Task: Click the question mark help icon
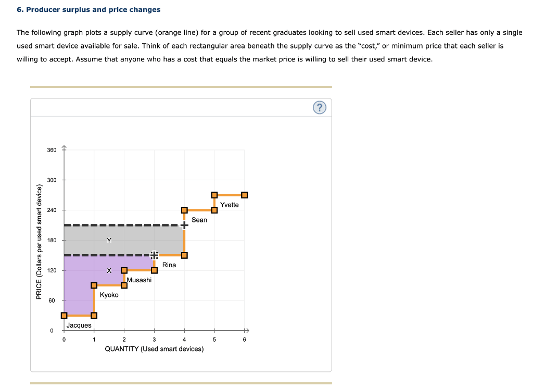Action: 321,108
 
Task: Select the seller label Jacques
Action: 79,326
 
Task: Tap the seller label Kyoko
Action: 109,295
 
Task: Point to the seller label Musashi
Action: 139,280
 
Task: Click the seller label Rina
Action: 169,265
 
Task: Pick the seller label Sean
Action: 199,220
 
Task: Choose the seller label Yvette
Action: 230,205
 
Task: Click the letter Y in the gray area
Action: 109,240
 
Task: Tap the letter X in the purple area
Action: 109,270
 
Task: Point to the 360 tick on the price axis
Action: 52,150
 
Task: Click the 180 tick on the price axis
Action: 52,240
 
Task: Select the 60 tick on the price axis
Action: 52,301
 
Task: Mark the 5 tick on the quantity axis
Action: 214,340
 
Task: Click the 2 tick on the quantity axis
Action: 124,340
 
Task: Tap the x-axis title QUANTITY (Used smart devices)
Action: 154,349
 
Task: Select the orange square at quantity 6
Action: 245,195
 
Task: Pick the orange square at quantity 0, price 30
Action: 64,315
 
